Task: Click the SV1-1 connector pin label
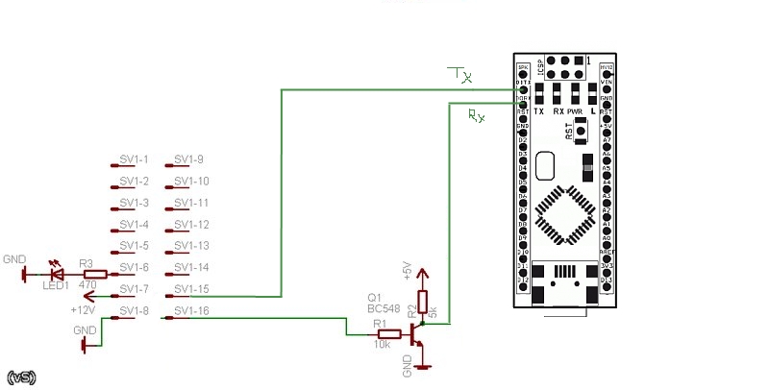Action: coord(134,159)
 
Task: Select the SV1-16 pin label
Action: coord(191,311)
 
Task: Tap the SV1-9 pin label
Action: coord(188,159)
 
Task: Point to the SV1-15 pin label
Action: coord(191,289)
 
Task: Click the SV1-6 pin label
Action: coord(134,268)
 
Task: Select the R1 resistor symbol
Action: coord(376,333)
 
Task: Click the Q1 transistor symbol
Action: coord(415,333)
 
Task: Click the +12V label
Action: coord(84,309)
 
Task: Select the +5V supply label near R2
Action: coord(407,271)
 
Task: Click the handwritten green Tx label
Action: coord(460,73)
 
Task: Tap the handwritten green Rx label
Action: coord(476,115)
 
